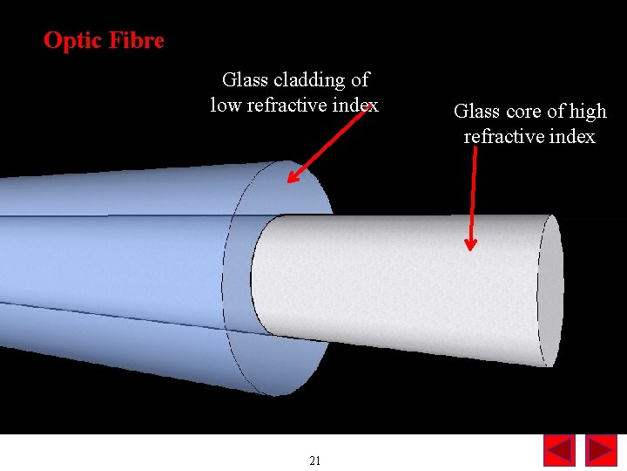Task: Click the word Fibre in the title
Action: click(x=135, y=40)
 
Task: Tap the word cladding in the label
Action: click(x=310, y=80)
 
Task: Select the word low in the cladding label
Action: click(x=225, y=106)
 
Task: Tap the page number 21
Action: click(x=315, y=461)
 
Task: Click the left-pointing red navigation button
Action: click(x=559, y=450)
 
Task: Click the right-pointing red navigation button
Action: click(x=601, y=450)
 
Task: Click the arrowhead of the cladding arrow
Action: click(x=293, y=178)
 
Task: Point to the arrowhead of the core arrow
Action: click(x=470, y=243)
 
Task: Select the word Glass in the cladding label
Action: click(x=246, y=80)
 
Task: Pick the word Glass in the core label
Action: click(x=476, y=112)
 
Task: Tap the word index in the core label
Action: click(x=573, y=137)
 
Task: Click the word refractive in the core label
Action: click(x=503, y=137)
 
